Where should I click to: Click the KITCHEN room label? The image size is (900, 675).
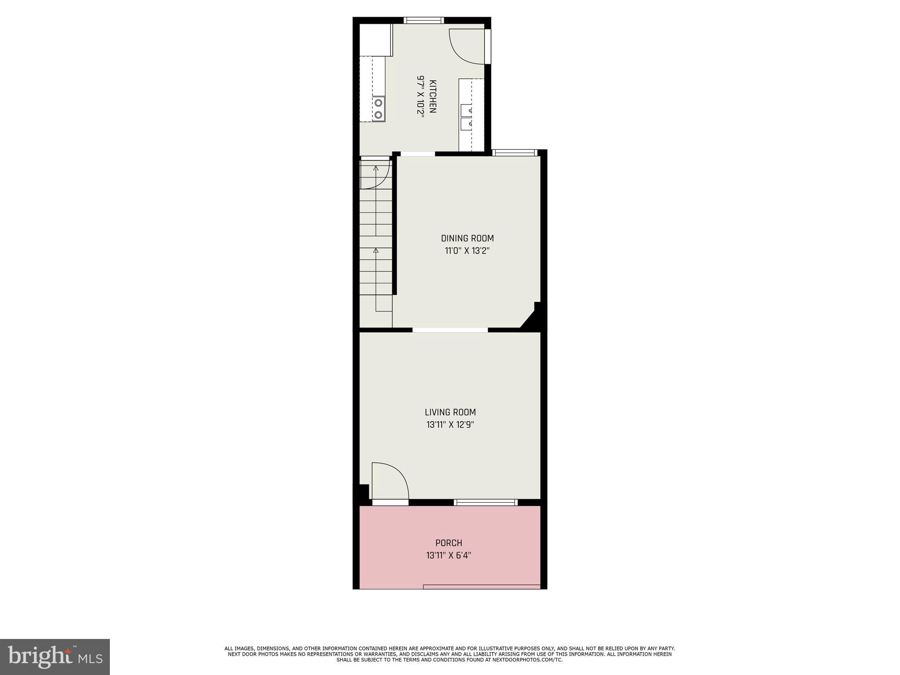coord(433,97)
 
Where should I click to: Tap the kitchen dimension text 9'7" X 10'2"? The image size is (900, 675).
coord(421,96)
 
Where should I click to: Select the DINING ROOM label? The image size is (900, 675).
coord(467,238)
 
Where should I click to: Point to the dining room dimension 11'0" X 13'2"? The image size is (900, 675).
coord(467,251)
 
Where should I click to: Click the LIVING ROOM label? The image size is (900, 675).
coord(450,412)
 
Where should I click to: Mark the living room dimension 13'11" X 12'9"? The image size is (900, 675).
coord(450,425)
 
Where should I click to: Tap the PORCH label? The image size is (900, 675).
coord(449,543)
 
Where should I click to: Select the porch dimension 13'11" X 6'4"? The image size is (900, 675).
coord(449,555)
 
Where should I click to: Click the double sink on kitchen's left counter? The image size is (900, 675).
coord(378,109)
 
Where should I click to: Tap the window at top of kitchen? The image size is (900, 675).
coord(424,20)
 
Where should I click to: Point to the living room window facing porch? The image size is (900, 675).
coord(486,502)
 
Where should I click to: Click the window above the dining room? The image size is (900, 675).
coord(515,153)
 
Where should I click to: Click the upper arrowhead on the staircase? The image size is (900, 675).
coord(376,168)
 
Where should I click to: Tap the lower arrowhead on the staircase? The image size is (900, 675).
coord(376,250)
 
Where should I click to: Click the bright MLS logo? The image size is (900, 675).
coord(55,657)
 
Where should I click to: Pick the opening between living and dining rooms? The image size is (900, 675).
coord(450,330)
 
